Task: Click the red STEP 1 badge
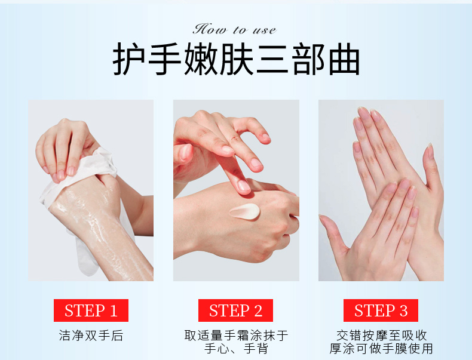(91, 310)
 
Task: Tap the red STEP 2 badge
(235, 310)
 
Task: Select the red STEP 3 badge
(381, 310)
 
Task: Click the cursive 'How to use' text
(234, 29)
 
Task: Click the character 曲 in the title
(344, 59)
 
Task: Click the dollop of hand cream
(245, 211)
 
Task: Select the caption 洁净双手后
(91, 336)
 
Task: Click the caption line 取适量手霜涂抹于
(236, 336)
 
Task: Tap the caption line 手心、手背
(236, 349)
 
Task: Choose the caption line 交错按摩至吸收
(381, 336)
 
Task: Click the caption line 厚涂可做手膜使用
(381, 349)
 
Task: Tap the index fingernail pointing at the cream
(244, 186)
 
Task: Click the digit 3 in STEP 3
(403, 310)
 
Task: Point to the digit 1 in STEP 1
(114, 310)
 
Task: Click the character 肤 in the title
(237, 59)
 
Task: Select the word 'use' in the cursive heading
(264, 30)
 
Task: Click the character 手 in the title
(165, 59)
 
